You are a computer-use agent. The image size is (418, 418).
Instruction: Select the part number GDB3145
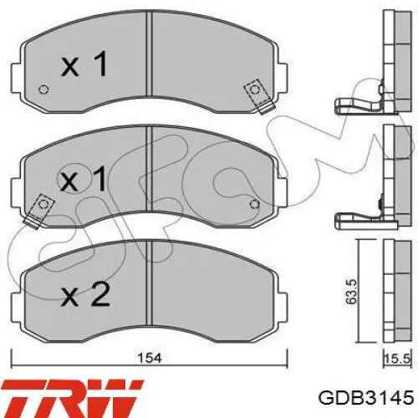point(366,398)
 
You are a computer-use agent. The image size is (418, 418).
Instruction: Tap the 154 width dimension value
point(150,358)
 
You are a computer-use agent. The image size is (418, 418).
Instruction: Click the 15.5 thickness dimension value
point(397,359)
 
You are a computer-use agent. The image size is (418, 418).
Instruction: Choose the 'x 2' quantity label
point(85,294)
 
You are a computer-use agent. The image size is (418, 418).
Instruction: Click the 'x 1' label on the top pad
point(84,64)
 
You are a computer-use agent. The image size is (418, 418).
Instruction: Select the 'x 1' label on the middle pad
point(84,179)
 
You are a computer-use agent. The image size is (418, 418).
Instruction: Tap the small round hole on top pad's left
point(43,89)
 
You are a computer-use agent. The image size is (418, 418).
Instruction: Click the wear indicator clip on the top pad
point(257,96)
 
